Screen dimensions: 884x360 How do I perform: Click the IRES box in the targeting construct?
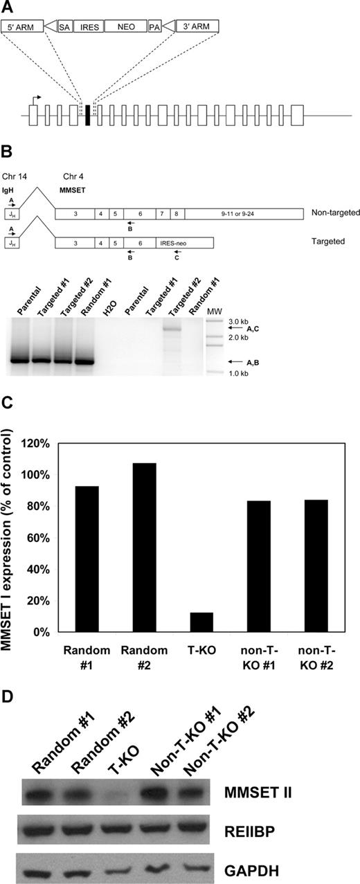[x=88, y=26]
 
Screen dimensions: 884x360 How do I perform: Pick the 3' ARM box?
[x=197, y=26]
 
